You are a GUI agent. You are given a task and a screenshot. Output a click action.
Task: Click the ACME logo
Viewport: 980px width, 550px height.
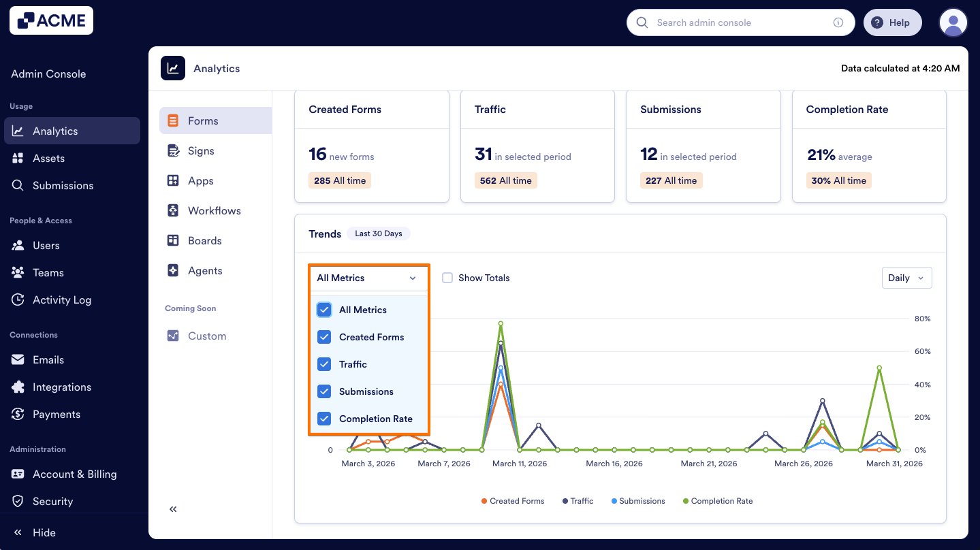(51, 21)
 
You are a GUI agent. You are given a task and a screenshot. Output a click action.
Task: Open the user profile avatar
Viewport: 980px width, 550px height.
(953, 22)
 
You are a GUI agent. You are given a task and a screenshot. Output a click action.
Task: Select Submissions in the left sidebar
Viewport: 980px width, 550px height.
(63, 185)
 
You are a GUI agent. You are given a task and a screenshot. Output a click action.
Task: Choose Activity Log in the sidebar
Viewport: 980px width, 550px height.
(61, 300)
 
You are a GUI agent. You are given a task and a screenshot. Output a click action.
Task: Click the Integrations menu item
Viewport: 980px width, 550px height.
(61, 387)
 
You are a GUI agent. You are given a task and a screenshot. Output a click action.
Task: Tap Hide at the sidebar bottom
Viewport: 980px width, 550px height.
(44, 532)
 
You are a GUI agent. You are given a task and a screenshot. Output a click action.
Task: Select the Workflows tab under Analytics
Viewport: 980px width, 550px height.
(214, 210)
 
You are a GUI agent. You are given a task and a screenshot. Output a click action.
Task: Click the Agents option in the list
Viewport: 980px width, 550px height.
(205, 270)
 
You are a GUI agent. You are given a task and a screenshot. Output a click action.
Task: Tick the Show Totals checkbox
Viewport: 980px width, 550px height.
(447, 278)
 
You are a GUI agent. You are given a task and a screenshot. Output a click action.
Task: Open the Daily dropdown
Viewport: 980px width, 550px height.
(906, 278)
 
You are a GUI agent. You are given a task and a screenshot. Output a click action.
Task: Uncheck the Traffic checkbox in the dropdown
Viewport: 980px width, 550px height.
(325, 364)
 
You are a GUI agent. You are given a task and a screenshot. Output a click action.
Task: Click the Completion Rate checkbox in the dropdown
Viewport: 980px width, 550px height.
(325, 419)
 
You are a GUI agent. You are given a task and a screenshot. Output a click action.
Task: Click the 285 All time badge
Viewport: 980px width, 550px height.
(340, 180)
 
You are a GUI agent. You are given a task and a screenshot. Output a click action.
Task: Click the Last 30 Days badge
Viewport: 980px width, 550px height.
(378, 233)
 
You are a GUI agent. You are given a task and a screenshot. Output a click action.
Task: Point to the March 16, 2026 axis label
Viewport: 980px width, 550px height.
(614, 464)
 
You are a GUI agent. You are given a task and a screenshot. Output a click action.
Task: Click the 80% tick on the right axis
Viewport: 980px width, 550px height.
(922, 319)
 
